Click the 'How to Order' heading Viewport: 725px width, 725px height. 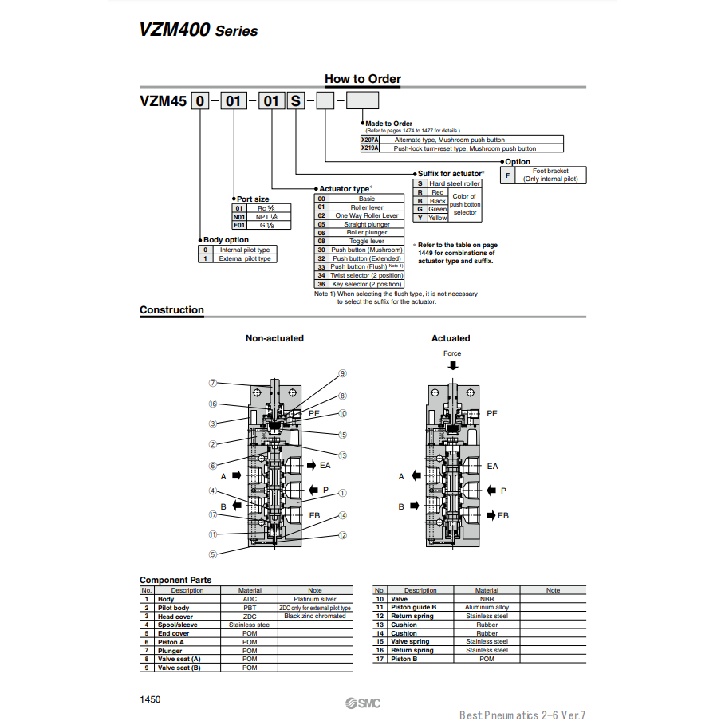tap(362, 79)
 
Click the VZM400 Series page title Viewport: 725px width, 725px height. tap(199, 30)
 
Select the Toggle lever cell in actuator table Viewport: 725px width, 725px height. tap(366, 241)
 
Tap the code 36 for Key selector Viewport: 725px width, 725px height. tap(321, 284)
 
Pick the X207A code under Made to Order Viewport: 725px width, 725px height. tap(370, 140)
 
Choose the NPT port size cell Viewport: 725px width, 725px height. tap(267, 216)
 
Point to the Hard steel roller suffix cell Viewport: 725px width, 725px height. tap(455, 183)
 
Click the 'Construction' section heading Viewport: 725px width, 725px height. tap(171, 310)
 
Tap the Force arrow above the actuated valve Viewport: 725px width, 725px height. tap(453, 365)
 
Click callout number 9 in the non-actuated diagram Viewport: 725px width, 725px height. tap(342, 373)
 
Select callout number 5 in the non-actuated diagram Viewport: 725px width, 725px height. tap(213, 554)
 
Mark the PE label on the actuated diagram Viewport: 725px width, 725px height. tap(492, 413)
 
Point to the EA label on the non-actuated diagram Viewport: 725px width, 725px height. tap(325, 465)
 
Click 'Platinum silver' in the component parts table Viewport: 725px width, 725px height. tap(314, 599)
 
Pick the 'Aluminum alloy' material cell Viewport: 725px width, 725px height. tap(487, 608)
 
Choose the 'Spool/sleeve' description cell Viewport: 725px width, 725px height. tap(177, 625)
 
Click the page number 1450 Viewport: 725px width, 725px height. tap(150, 699)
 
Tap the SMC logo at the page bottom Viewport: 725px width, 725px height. tap(363, 703)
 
